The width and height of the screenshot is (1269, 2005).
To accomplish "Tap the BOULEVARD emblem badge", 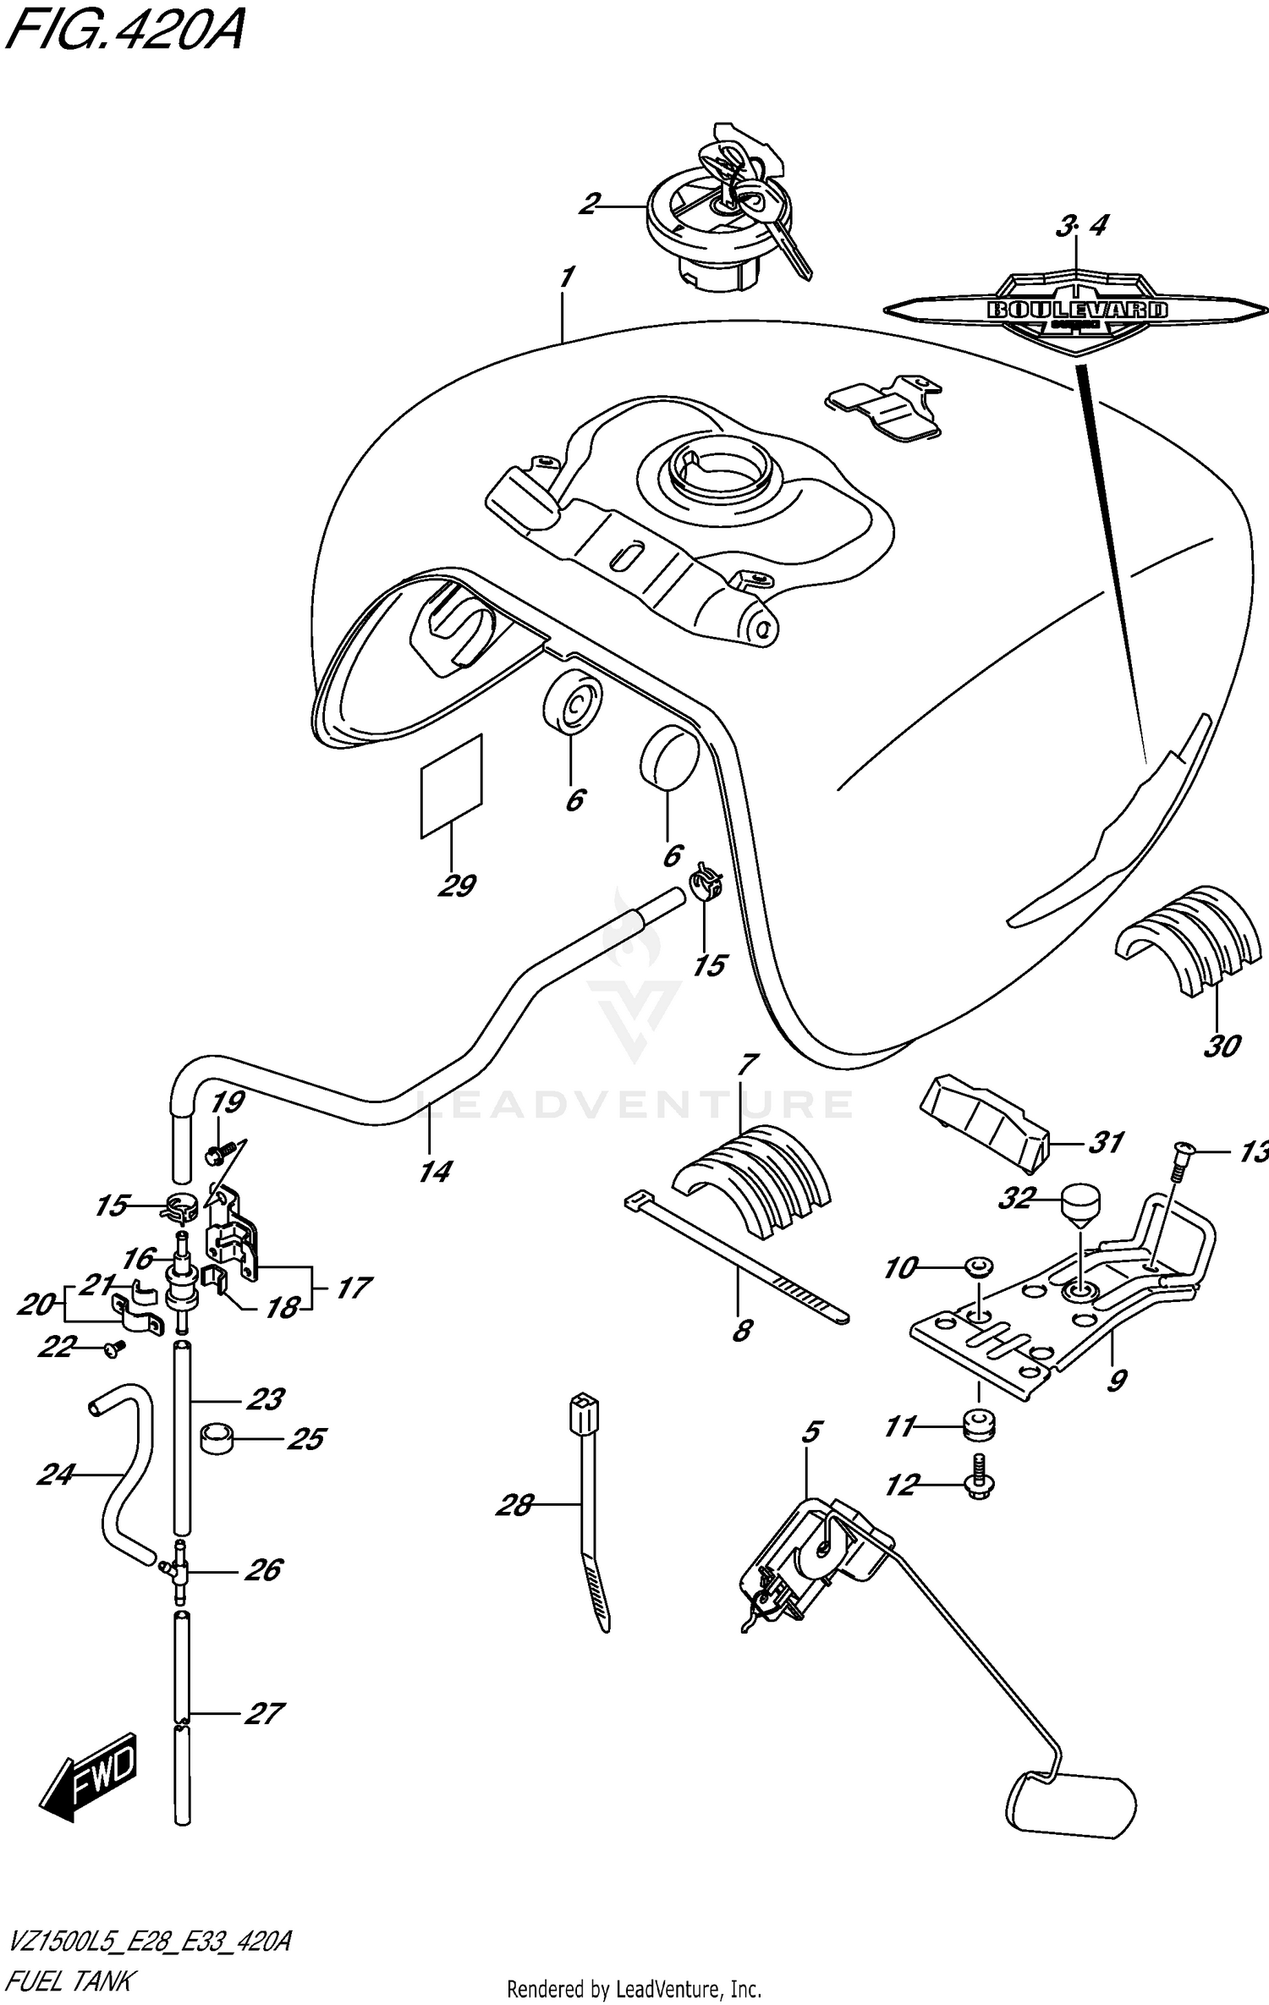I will click(x=1076, y=309).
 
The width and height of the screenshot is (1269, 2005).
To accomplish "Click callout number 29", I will click(x=456, y=886).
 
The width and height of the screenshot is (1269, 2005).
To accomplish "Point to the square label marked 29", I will click(x=451, y=787).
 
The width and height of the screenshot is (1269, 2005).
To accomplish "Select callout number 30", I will click(x=1221, y=1046).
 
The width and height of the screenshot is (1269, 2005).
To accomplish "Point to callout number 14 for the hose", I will click(x=435, y=1171).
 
